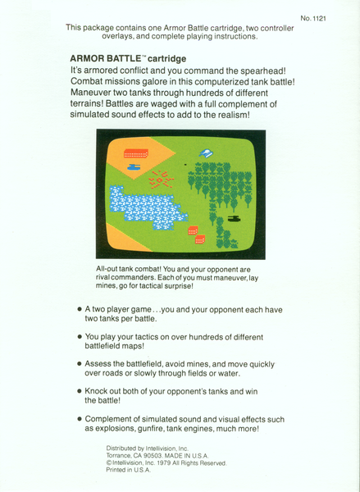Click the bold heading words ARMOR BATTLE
[103, 59]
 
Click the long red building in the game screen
[136, 153]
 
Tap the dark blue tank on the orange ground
[133, 166]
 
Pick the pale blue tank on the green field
[207, 153]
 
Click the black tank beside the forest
[235, 219]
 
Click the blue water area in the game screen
[148, 209]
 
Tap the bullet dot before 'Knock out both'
[80, 392]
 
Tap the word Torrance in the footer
[120, 456]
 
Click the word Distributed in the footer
[124, 449]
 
